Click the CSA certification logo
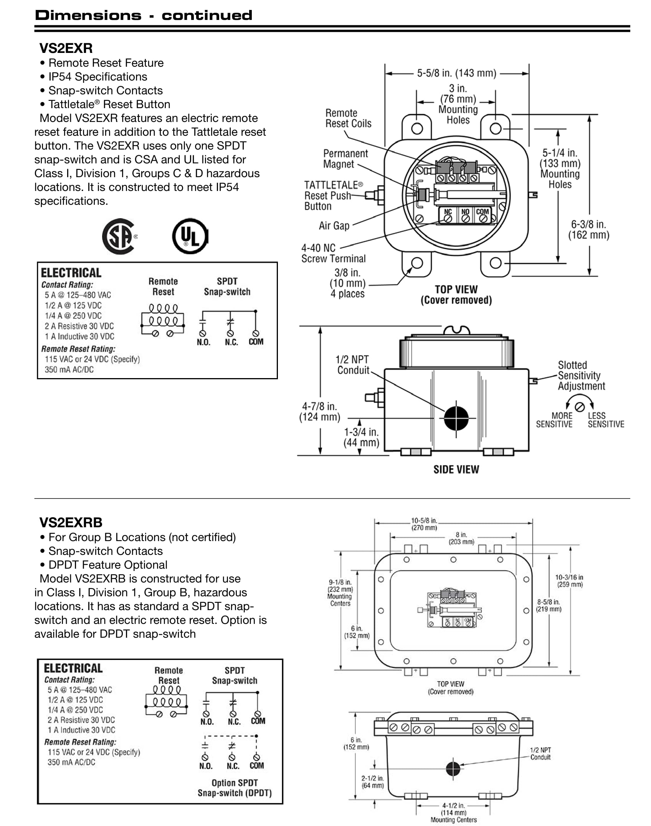[119, 236]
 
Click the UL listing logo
[190, 236]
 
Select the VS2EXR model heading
[66, 48]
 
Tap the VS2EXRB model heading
[71, 522]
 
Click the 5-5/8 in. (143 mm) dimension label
[456, 73]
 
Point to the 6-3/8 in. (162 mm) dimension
[588, 230]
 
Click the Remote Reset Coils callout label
[348, 118]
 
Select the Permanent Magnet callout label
[345, 158]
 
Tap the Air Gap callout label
[334, 225]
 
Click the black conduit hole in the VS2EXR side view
[456, 418]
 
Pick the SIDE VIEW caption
[456, 469]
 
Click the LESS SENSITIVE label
[606, 420]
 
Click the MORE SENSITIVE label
[554, 420]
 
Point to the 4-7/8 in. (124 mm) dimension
[319, 411]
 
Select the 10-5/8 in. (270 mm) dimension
[424, 524]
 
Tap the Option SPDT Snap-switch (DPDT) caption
[235, 788]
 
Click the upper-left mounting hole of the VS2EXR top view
[417, 128]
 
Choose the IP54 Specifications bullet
[97, 77]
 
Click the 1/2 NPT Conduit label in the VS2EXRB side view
[540, 754]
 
